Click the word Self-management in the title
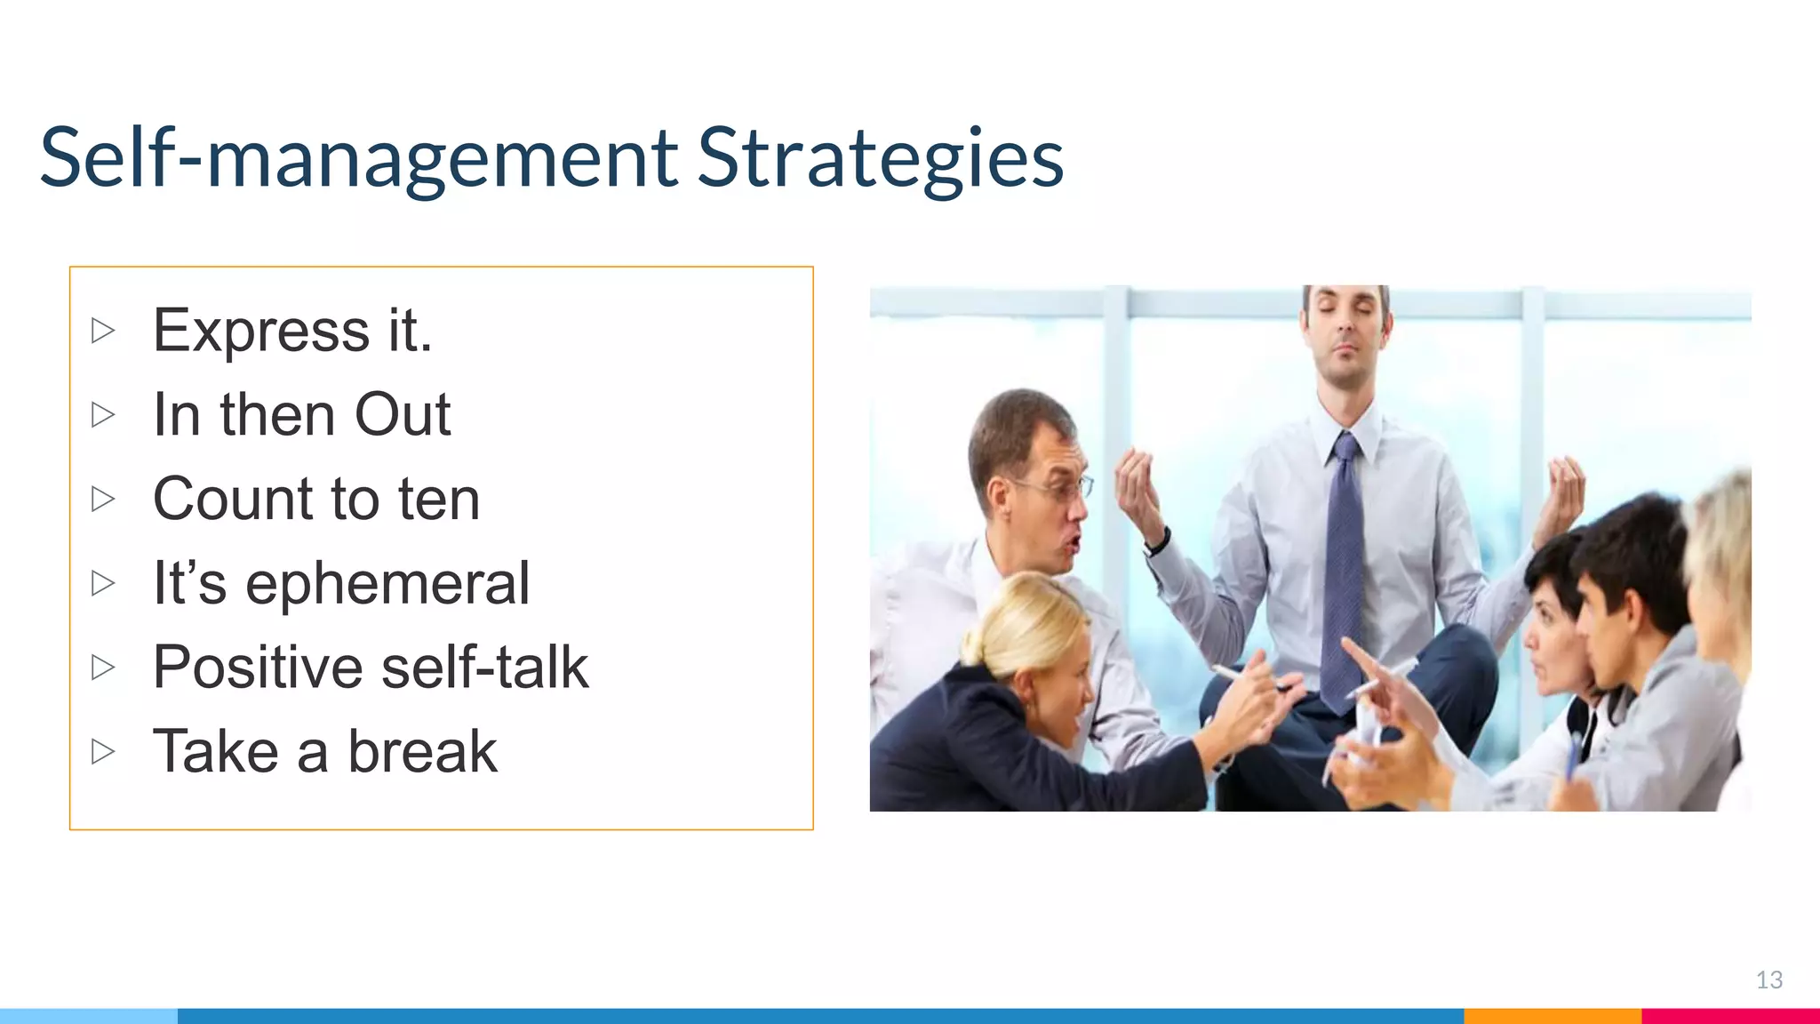point(359,158)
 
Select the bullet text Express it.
point(291,331)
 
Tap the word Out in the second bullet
point(403,415)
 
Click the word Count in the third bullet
point(232,499)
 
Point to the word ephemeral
point(387,584)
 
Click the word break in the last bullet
point(422,752)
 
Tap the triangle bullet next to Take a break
point(103,752)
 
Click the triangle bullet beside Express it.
point(103,331)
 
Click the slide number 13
point(1768,980)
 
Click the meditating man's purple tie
point(1342,569)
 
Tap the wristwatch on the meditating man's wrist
point(1156,540)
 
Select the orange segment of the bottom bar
point(1552,1015)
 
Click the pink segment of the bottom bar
point(1729,1015)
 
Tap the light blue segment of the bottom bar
point(89,1015)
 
